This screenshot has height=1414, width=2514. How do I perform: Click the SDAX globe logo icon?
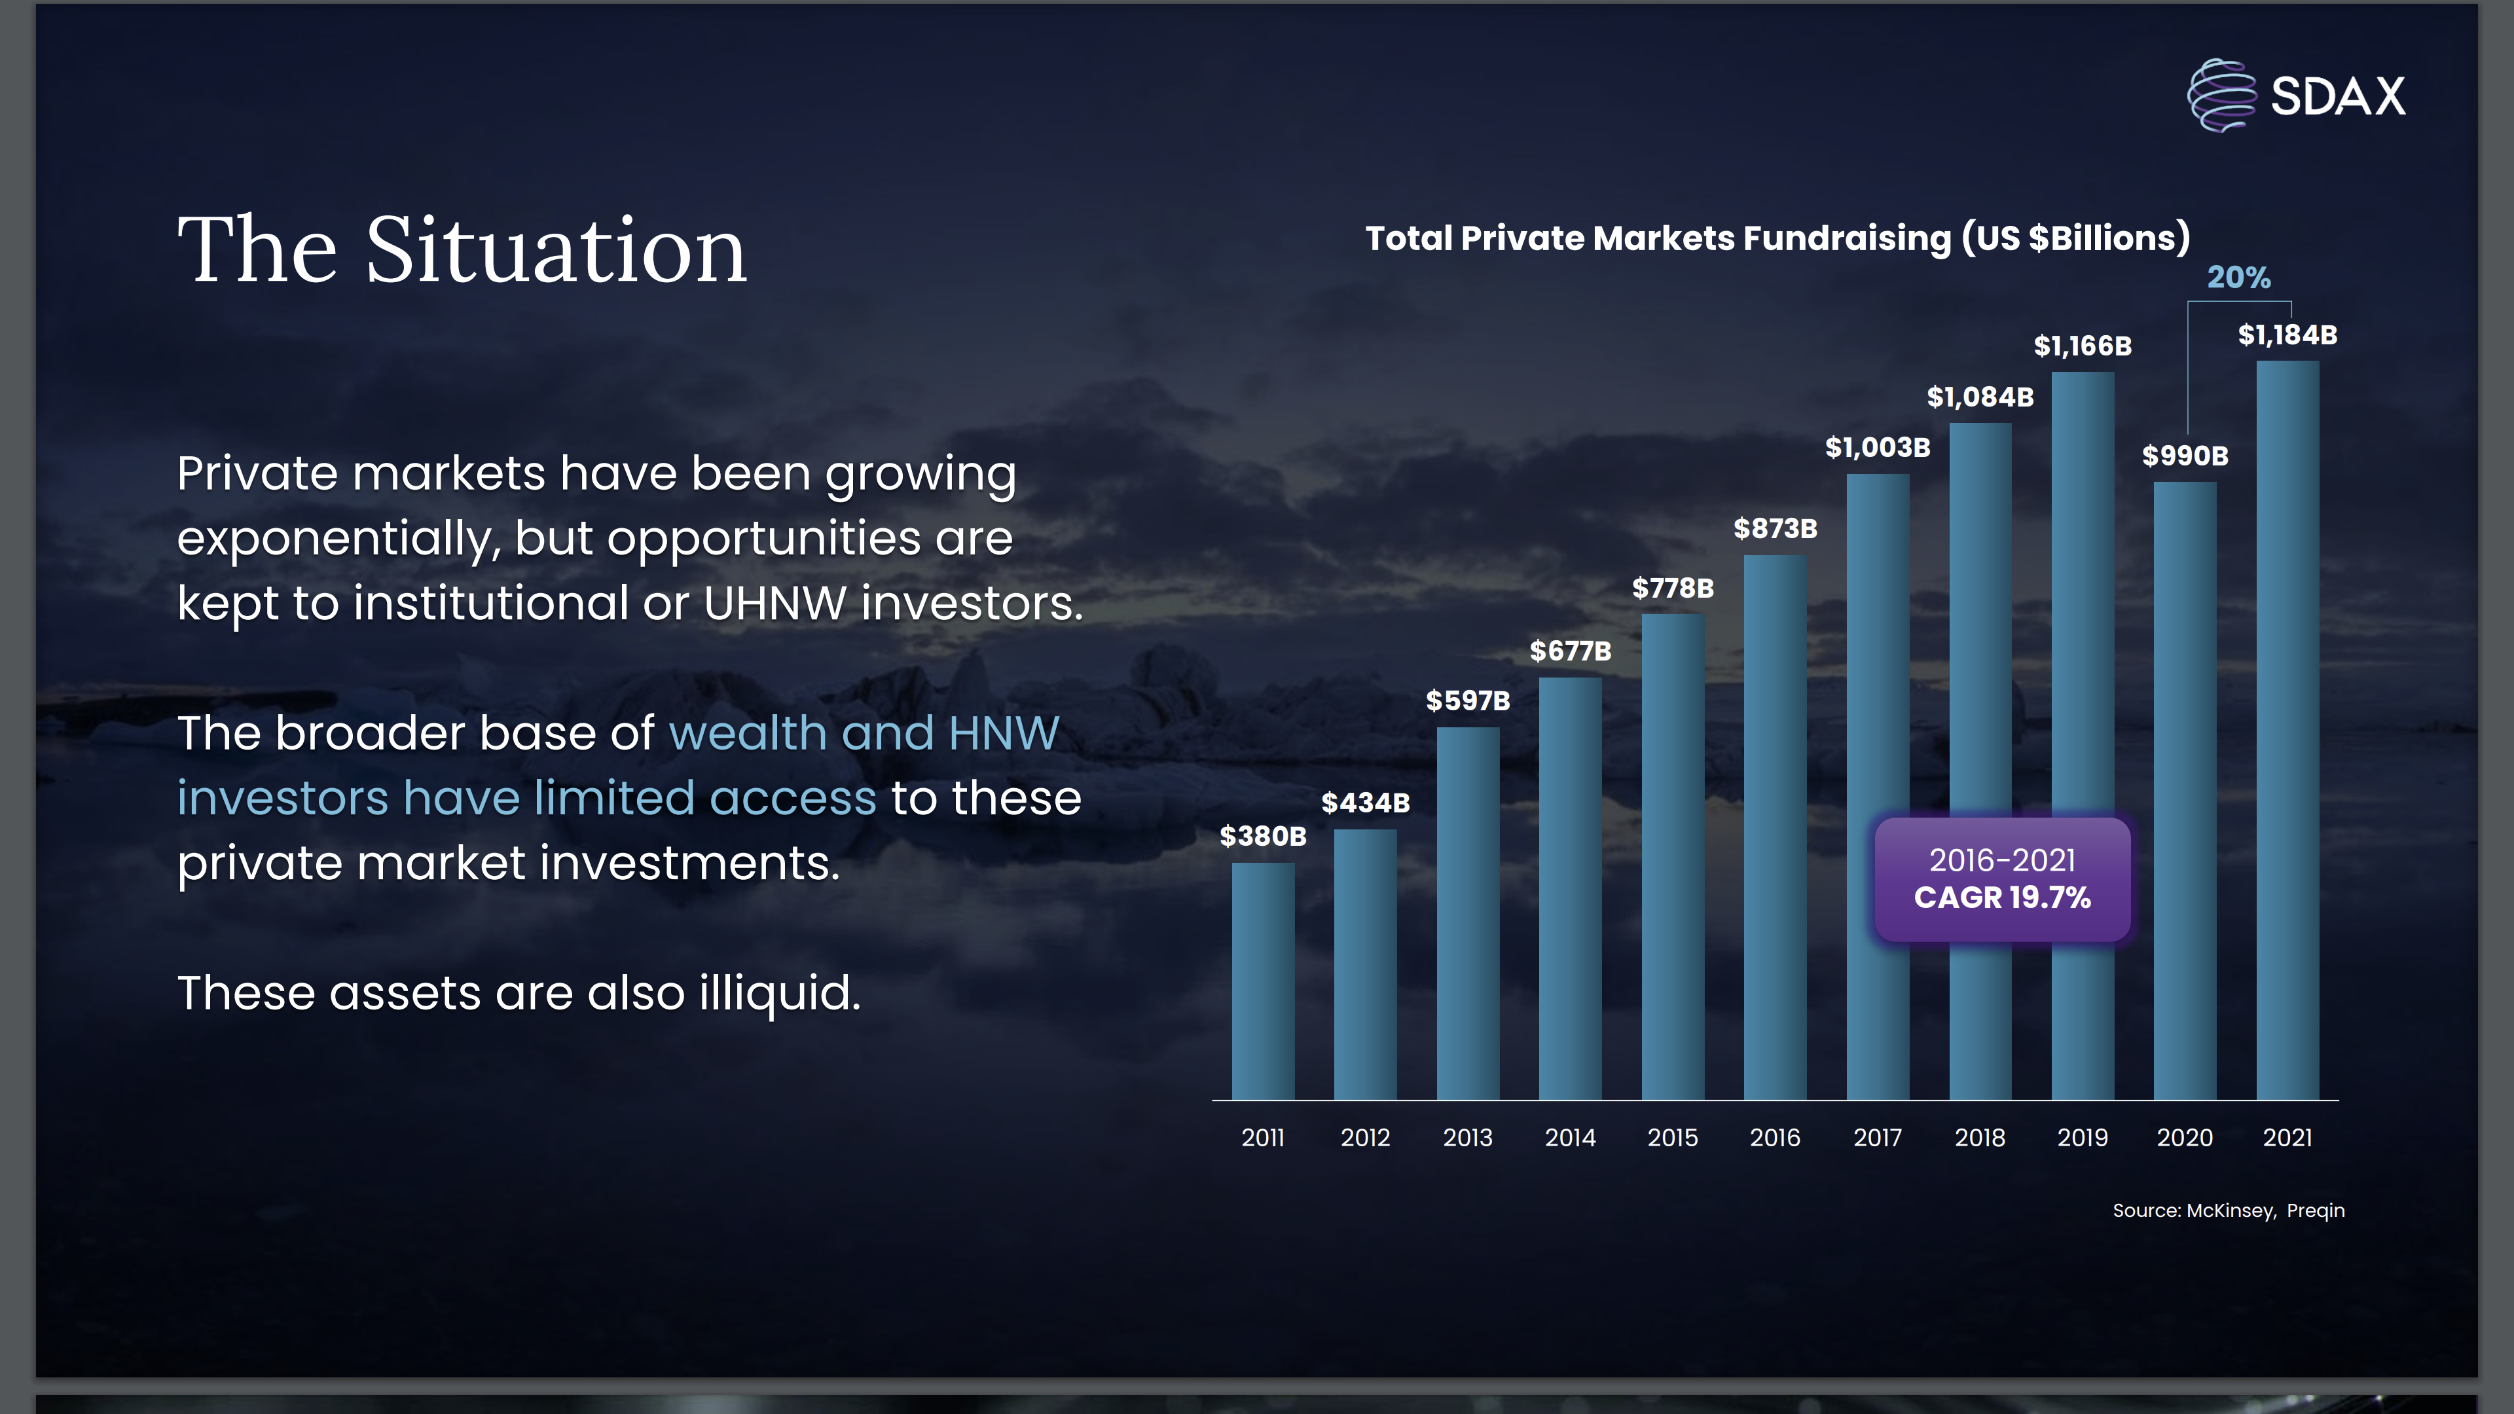point(2221,95)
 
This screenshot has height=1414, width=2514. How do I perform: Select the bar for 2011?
point(1263,981)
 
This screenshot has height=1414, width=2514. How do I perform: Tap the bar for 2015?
point(1673,857)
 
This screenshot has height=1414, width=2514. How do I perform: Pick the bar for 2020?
point(2185,790)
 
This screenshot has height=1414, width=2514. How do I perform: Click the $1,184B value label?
point(2287,335)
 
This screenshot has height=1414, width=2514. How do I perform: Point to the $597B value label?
point(1468,700)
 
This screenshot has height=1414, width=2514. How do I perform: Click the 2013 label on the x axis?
point(1468,1137)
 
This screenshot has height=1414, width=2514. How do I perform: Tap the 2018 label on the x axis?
point(1980,1137)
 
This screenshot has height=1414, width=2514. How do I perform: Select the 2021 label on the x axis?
point(2287,1137)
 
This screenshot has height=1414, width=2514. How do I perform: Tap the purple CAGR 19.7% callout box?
point(2003,879)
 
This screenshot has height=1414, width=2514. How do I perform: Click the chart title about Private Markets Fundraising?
point(1777,237)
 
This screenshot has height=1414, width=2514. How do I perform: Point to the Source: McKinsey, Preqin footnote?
point(2228,1210)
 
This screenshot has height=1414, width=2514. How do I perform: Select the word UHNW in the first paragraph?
point(775,602)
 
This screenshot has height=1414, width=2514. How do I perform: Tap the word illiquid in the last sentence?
point(780,994)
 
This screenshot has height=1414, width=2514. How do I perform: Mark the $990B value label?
point(2185,455)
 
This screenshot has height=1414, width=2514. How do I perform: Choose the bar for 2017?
point(1878,786)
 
